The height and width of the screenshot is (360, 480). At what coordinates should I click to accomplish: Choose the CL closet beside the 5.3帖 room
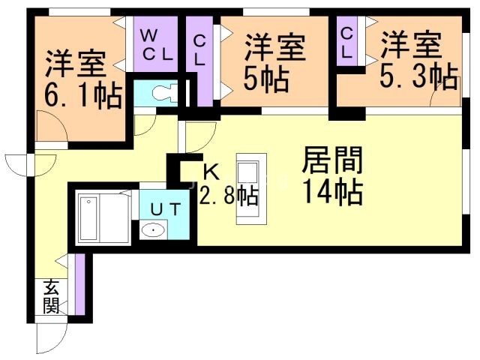pos(346,43)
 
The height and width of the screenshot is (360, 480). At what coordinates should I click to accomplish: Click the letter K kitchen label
pos(211,172)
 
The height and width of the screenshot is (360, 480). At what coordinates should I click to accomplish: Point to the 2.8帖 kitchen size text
pos(229,196)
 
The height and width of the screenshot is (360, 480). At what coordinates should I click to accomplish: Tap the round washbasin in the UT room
pos(154,230)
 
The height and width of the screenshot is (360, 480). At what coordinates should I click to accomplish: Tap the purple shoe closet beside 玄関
pos(79,286)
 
